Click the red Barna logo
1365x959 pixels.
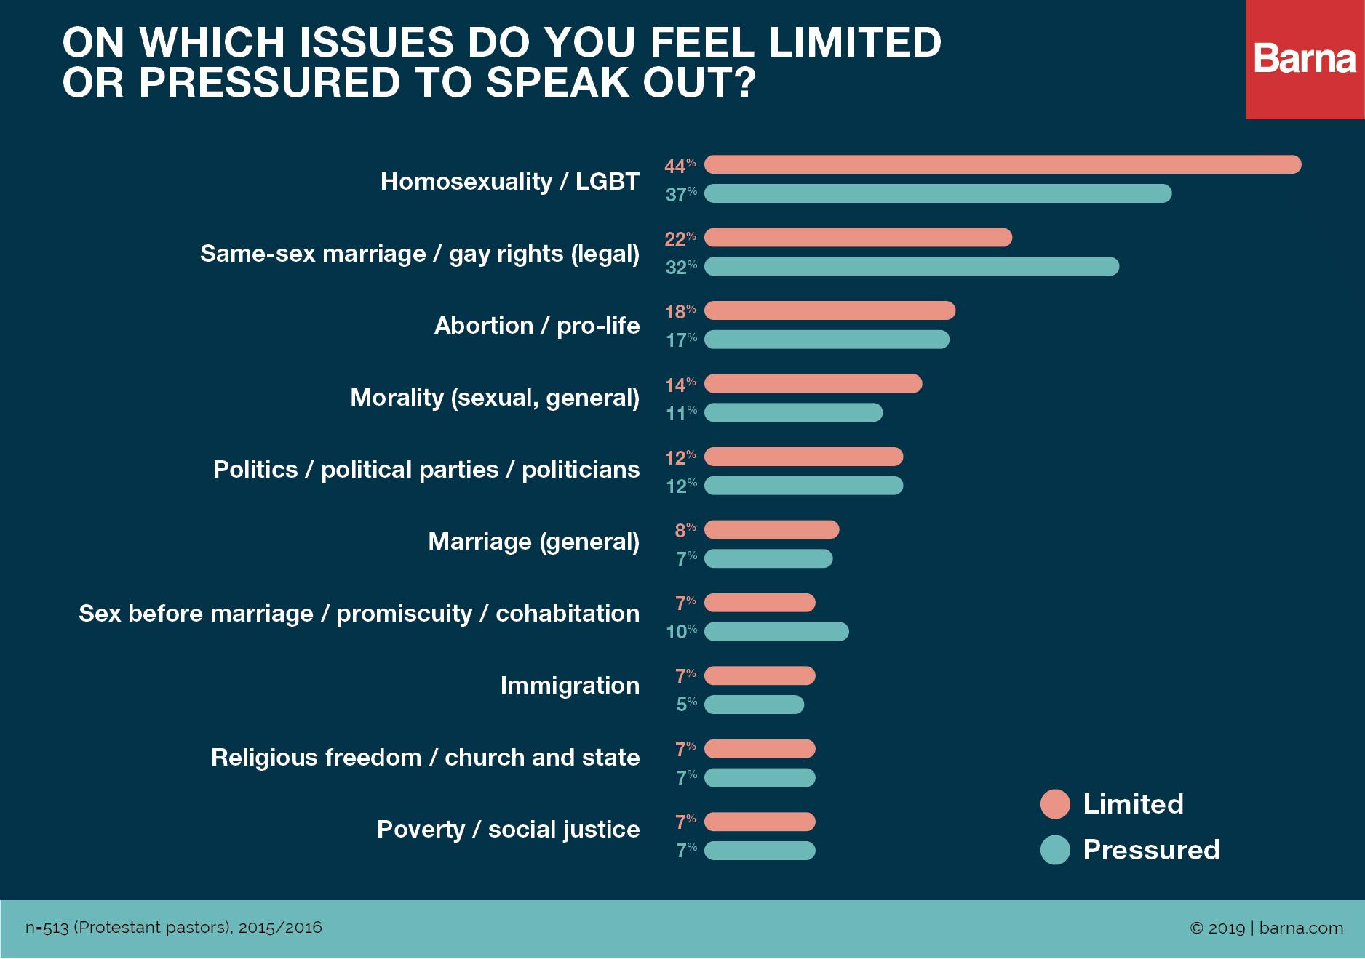1305,59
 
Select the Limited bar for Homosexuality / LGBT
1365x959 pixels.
1002,164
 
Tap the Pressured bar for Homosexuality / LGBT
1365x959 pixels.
937,193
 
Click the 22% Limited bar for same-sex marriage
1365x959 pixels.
858,237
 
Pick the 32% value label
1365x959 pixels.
681,267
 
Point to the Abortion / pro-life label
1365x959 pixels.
537,325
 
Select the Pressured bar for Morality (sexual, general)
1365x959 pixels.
793,412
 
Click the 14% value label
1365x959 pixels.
680,384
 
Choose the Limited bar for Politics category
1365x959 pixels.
803,457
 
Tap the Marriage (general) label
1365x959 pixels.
533,542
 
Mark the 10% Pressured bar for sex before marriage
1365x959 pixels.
776,631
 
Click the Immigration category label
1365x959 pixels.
570,685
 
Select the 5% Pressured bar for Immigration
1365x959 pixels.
754,705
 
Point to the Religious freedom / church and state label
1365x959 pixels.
425,757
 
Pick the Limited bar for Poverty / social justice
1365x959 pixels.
760,822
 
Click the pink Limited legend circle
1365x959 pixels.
1055,804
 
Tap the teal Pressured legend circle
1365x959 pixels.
1055,850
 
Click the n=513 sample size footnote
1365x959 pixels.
173,928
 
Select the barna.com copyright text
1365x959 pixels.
1266,928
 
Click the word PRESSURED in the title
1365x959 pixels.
269,82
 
